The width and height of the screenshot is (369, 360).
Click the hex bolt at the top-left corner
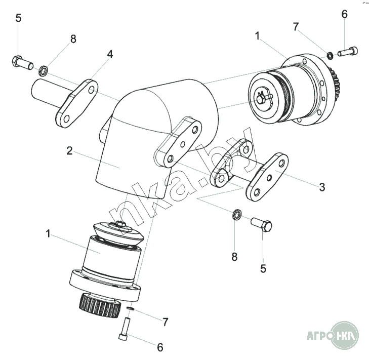tap(22, 63)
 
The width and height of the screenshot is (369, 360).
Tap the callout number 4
tap(110, 54)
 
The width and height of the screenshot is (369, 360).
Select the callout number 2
tap(69, 151)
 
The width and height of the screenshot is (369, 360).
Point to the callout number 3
tap(322, 187)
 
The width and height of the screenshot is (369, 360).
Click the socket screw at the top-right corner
tap(348, 52)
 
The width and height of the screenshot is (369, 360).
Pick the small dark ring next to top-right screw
tap(330, 56)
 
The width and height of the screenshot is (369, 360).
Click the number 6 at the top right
tap(344, 14)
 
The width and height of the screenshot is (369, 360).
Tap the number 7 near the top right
tap(296, 27)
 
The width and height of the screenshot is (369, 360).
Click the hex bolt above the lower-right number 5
tap(262, 224)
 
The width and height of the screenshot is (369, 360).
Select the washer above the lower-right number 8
tap(236, 214)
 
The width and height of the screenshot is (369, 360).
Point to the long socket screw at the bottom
tap(124, 329)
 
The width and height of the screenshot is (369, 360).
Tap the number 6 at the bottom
tap(160, 347)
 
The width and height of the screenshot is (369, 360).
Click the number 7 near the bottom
tap(166, 322)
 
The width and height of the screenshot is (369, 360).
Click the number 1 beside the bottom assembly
tap(48, 234)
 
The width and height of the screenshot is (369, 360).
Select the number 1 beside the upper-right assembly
tap(257, 36)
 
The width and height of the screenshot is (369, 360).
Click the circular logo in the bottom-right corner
tap(346, 335)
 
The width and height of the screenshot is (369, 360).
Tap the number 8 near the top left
tap(73, 39)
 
